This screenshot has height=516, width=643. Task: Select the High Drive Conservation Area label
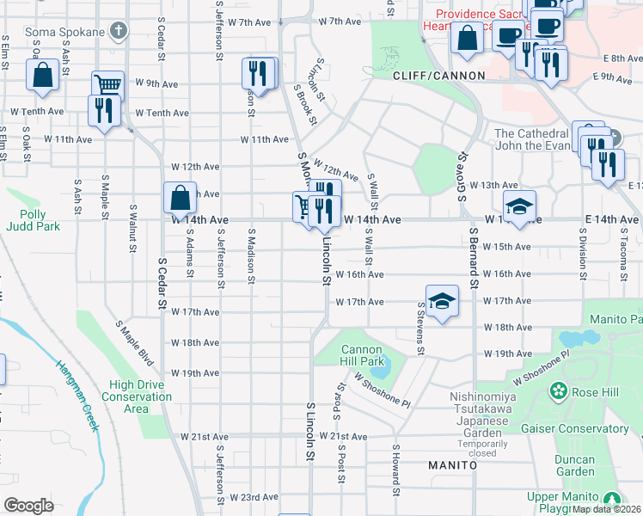pyautogui.click(x=137, y=396)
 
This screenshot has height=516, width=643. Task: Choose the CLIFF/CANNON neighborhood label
pyautogui.click(x=439, y=76)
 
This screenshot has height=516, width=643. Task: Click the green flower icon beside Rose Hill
pyautogui.click(x=559, y=391)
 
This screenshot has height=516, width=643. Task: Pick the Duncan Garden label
pyautogui.click(x=575, y=465)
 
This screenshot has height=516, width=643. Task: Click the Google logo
pyautogui.click(x=28, y=506)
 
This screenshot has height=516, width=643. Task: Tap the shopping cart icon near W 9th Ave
pyautogui.click(x=107, y=85)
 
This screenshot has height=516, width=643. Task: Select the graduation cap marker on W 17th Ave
pyautogui.click(x=441, y=301)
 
